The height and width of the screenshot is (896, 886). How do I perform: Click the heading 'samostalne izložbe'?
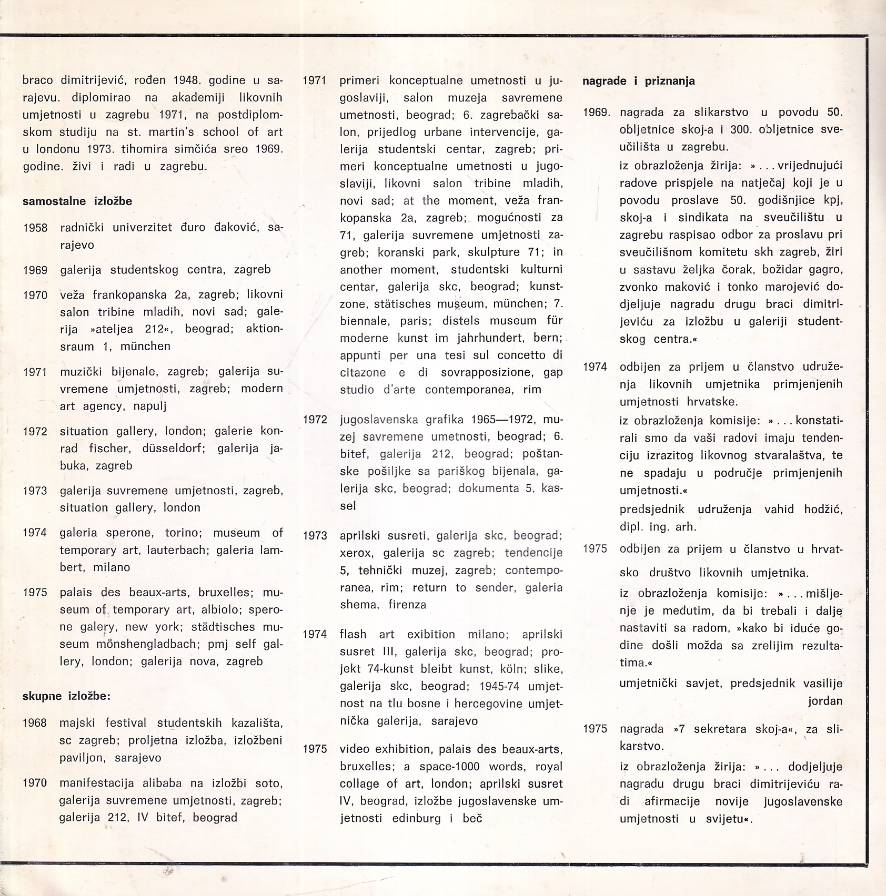(x=77, y=201)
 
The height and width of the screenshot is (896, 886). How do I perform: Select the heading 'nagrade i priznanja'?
(x=639, y=81)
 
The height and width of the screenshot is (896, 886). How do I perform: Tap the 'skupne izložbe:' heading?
(x=66, y=697)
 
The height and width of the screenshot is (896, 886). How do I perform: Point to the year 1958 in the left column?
(x=35, y=228)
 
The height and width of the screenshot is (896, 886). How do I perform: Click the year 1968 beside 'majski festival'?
(x=35, y=723)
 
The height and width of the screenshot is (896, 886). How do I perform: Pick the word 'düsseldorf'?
(x=172, y=449)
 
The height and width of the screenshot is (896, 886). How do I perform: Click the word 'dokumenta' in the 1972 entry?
(x=489, y=488)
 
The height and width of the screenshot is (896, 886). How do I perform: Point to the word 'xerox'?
(x=356, y=553)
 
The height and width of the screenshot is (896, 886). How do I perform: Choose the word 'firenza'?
(x=407, y=605)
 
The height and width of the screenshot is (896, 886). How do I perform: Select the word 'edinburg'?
(x=417, y=819)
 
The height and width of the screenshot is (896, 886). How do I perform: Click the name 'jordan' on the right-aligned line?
(x=825, y=701)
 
